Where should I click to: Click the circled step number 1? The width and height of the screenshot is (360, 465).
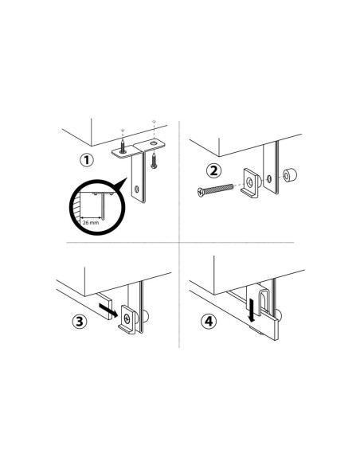coord(87,160)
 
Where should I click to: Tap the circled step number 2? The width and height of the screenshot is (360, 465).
coord(213,171)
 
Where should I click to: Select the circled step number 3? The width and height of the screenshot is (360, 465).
coord(80,322)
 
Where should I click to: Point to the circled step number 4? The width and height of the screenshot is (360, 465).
coord(209,321)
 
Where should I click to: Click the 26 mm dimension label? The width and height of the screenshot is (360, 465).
coord(91,222)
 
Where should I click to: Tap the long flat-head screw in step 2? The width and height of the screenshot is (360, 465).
coord(215,190)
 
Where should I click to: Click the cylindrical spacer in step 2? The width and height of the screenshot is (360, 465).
coord(289,175)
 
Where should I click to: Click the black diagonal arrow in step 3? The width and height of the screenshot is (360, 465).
coord(108,311)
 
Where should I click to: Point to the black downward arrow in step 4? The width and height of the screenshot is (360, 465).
coord(252,311)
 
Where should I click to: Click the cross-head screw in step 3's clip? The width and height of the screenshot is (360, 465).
coord(127,318)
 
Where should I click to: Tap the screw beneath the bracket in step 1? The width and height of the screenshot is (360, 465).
coord(154,161)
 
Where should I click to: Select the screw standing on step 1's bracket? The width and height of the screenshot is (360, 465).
coord(123,147)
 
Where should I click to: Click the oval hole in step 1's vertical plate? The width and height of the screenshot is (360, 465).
coord(137,189)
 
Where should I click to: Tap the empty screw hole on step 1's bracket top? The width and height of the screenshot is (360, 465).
coord(154,143)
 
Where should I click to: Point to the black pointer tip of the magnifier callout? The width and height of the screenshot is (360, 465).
coord(127,178)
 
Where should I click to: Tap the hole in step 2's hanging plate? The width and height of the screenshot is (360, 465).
coord(269,179)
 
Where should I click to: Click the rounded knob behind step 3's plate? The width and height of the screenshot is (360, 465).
coord(146,317)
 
